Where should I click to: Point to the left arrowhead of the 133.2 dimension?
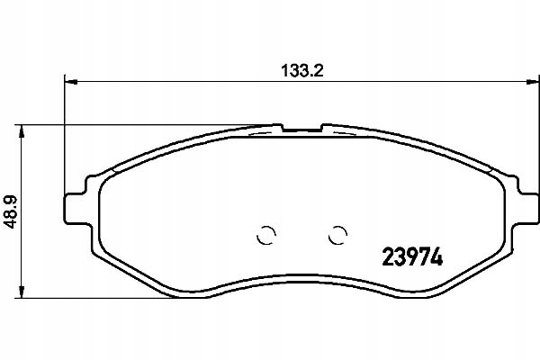[68, 83]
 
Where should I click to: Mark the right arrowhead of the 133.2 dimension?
[522, 83]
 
